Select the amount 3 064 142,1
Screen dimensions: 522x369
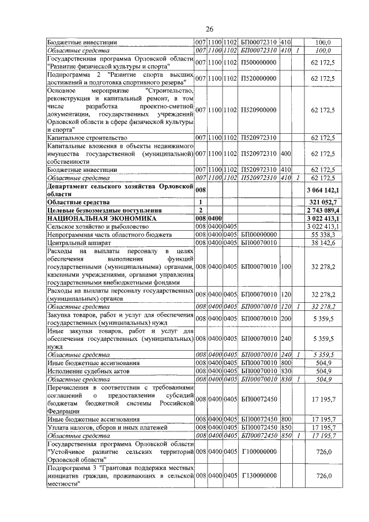(323, 190)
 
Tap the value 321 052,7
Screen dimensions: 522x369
(325, 202)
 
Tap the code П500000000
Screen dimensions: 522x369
(259, 62)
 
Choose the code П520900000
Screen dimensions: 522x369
(259, 110)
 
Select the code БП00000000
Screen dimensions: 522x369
(259, 235)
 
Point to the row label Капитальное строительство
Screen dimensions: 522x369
(86, 138)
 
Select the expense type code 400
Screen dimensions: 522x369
(286, 154)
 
